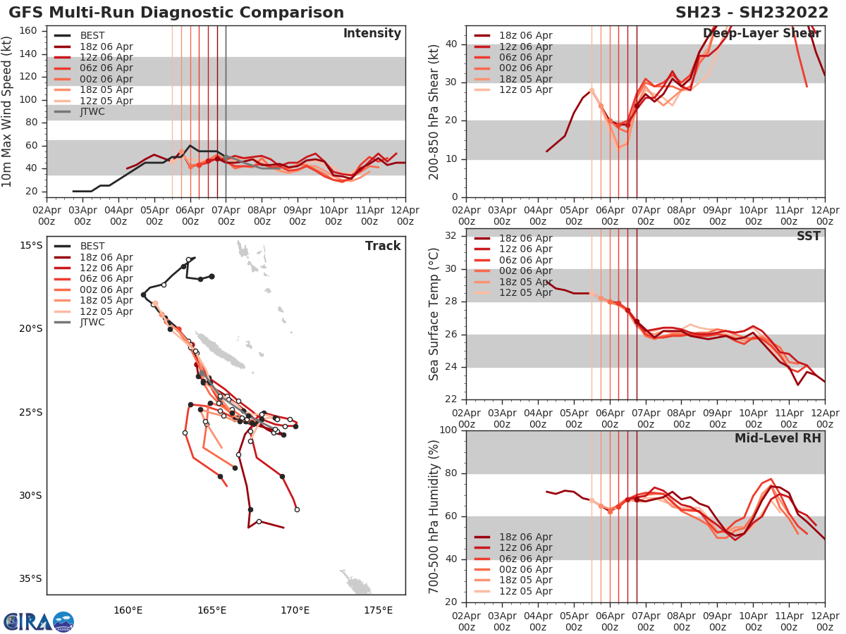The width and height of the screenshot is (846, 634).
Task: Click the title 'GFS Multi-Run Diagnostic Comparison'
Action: click(176, 13)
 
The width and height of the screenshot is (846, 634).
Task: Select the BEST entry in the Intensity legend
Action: click(92, 35)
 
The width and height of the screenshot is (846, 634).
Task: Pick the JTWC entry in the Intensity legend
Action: click(92, 111)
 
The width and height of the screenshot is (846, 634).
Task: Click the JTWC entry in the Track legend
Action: click(92, 322)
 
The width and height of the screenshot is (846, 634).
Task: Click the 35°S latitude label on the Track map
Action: click(30, 579)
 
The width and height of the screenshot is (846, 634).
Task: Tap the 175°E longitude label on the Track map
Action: click(379, 609)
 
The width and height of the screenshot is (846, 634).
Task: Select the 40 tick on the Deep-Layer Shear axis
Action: click(454, 44)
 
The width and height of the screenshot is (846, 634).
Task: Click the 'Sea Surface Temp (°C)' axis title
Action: click(434, 314)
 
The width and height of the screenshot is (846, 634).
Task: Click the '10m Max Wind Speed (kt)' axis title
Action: click(8, 111)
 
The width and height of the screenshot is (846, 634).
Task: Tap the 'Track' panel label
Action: click(383, 246)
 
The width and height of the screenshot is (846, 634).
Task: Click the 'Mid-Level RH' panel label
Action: click(778, 438)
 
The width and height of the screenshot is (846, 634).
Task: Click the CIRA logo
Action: click(39, 621)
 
